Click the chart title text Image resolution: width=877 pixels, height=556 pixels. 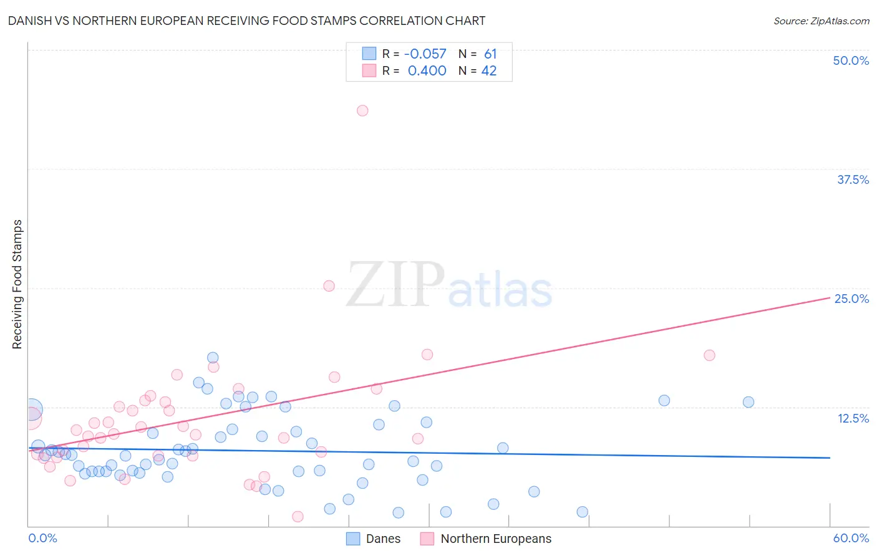coord(247,21)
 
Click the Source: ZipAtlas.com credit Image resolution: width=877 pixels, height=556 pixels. coord(821,21)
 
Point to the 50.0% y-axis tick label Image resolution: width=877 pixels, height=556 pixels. coord(851,60)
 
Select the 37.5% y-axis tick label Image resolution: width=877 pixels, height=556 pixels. coord(853,180)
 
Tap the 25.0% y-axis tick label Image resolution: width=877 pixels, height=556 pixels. coord(851,299)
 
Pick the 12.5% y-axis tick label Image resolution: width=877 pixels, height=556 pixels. coord(853,418)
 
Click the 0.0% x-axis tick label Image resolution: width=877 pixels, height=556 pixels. coord(42,538)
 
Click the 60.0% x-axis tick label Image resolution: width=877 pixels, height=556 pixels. coord(851,538)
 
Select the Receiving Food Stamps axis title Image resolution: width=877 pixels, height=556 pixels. coord(17,284)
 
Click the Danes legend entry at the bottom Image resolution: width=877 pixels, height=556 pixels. coord(374,539)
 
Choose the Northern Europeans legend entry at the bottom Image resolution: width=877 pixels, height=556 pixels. coord(487,539)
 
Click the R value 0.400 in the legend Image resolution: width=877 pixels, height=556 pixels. coord(427,71)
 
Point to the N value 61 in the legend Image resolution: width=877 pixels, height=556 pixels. coord(490,54)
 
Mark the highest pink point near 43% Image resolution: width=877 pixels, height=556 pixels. coord(362,110)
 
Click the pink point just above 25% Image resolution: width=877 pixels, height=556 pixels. coord(329,285)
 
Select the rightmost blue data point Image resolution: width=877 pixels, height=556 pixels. coord(749,402)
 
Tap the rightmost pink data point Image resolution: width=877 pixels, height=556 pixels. coord(709,355)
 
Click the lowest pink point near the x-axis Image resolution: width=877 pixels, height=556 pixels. coord(298,516)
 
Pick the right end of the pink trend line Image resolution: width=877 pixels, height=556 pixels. coord(830,297)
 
